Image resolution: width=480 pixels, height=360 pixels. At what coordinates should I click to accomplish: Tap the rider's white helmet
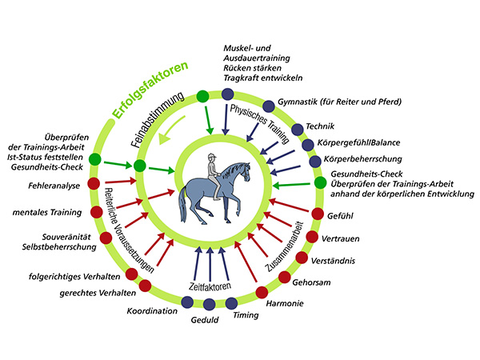click(212, 158)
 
